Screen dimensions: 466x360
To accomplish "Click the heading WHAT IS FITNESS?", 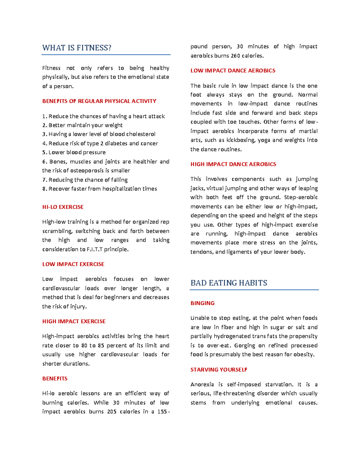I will [x=77, y=48].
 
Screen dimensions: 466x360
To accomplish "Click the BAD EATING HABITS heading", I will [x=229, y=283].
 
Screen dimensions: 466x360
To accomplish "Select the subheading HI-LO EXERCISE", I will [x=63, y=207].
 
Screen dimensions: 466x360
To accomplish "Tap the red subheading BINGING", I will [x=202, y=303].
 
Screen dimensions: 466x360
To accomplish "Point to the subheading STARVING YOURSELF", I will [x=219, y=370].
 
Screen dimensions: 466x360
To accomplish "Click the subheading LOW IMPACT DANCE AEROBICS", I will [x=233, y=71].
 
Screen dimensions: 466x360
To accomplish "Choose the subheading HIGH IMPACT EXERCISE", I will [x=74, y=321].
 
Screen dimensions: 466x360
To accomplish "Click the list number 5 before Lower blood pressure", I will [x=44, y=152].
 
